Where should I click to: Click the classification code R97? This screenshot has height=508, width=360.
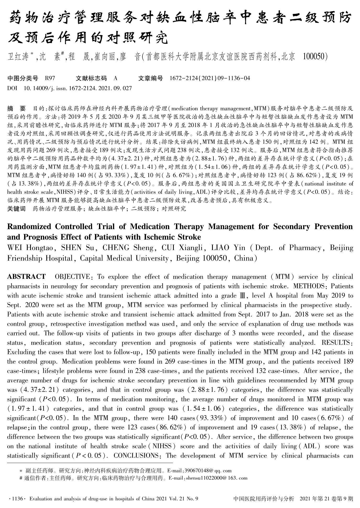[50, 78]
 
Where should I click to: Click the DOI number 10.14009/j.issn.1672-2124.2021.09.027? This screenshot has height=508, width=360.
[77, 88]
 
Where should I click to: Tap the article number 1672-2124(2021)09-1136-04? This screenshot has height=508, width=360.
[210, 78]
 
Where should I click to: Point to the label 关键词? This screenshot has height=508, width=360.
[16, 209]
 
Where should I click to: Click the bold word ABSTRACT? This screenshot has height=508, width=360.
[26, 277]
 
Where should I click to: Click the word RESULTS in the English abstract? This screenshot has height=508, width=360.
[335, 343]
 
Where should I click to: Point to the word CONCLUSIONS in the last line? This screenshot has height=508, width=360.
[136, 456]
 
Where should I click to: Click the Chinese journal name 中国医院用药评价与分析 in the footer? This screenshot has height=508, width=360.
[264, 499]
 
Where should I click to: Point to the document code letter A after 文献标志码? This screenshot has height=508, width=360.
[115, 78]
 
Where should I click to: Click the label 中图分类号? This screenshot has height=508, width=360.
[23, 78]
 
